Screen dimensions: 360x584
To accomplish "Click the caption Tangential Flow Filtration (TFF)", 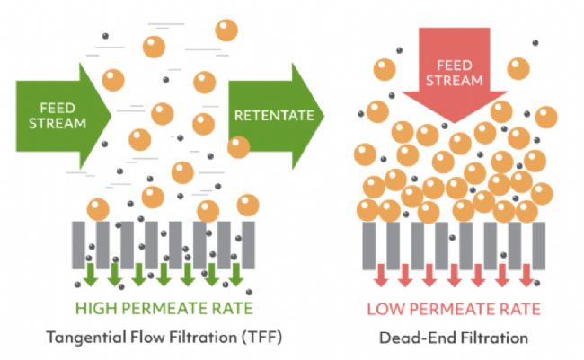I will coord(160,339).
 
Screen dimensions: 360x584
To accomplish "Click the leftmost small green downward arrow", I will coord(91,273).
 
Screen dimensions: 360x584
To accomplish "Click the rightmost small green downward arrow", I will coord(236,273).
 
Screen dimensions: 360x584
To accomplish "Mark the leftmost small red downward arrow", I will coord(379,273).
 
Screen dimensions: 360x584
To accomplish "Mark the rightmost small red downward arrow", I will coord(525,273).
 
